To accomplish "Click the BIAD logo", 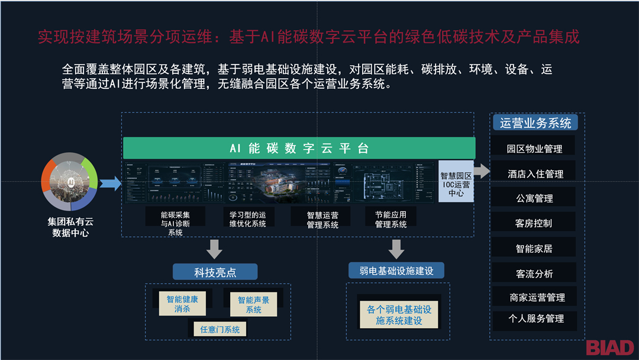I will (609, 348).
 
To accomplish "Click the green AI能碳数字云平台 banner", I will (299, 148).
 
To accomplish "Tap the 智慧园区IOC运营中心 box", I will (456, 181).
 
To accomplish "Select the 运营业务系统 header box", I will (535, 123).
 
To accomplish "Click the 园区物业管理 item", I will (534, 149).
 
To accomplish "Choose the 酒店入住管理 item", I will (534, 173).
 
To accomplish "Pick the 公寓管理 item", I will (534, 198).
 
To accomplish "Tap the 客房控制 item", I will (534, 223).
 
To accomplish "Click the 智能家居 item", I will (534, 249).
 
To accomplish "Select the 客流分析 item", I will (534, 274).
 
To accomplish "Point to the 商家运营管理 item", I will (534, 297).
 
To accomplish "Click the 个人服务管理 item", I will (534, 319).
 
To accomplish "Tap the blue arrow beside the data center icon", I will (110, 184).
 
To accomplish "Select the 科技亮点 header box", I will (215, 272).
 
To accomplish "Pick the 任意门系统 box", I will (220, 329).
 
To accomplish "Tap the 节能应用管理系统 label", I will (390, 218).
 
